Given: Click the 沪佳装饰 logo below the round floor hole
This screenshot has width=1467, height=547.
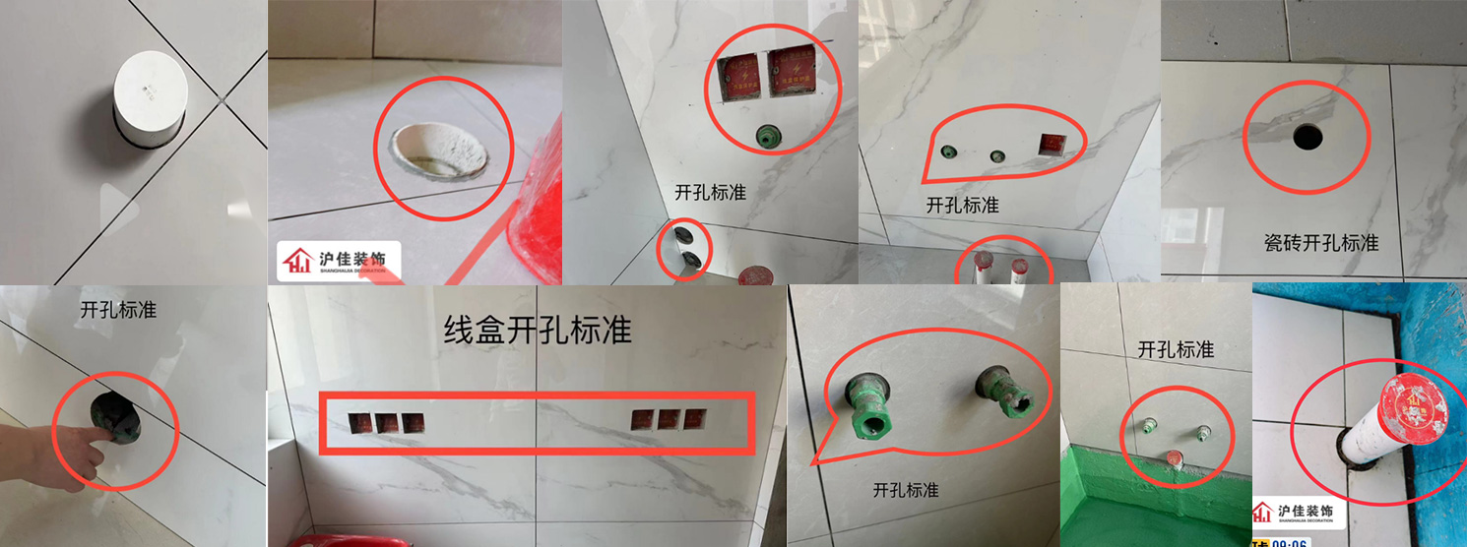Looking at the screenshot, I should coord(338,261).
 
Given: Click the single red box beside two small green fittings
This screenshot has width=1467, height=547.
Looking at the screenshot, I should coord(1052,145).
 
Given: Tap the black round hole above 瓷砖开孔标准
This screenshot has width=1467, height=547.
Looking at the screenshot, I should coord(1308,137).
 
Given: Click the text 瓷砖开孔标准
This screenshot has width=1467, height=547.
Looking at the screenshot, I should coord(1320,242).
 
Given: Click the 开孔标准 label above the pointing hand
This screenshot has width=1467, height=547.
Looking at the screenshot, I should coord(118,310).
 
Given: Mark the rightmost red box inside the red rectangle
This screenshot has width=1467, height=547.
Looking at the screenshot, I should coord(695,418).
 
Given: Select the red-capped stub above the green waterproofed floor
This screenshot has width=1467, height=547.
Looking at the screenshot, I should coord(1174,457).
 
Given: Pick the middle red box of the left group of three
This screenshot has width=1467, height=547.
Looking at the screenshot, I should coord(386,423).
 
